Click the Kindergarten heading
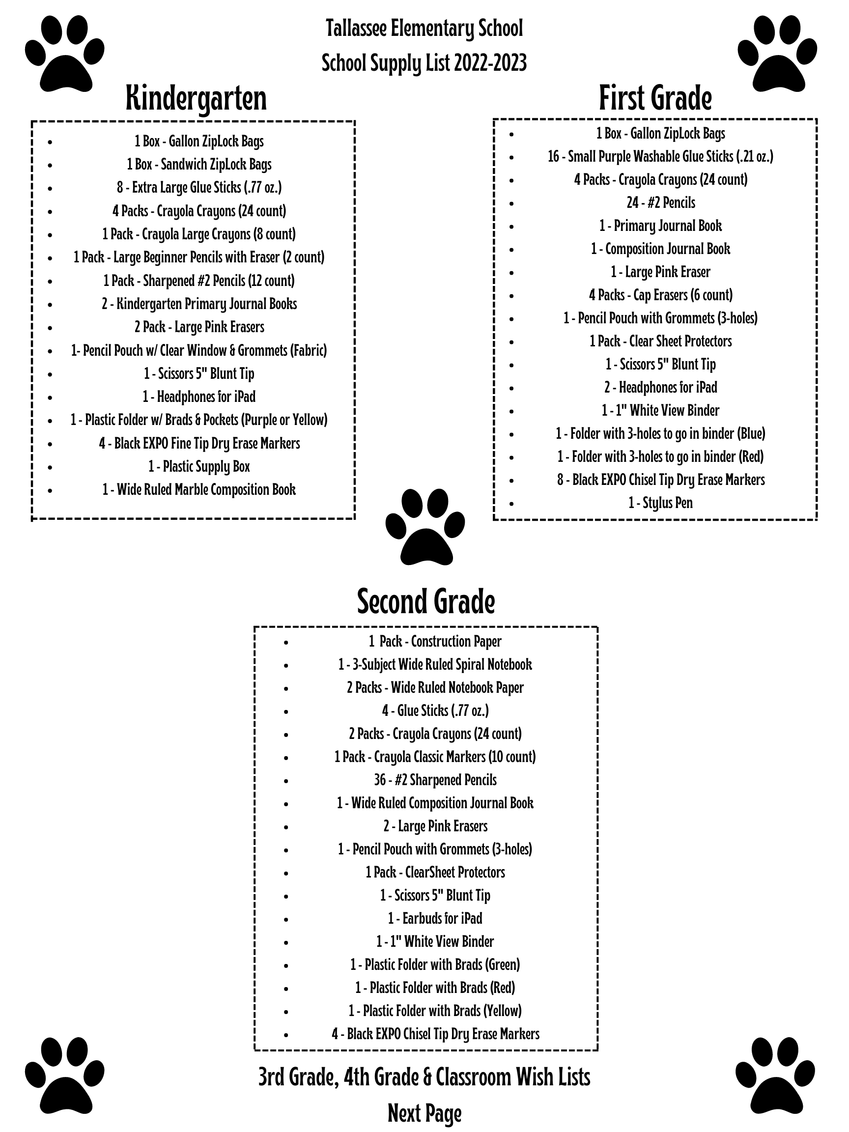196,98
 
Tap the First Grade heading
655,98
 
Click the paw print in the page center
425,527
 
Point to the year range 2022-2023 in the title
490,63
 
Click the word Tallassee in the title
356,28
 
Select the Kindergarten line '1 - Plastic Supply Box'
199,467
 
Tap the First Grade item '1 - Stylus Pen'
660,503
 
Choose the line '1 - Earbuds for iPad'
435,919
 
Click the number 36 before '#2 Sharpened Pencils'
380,780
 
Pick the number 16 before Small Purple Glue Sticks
553,157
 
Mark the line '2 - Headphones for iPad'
660,387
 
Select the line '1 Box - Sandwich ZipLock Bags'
199,165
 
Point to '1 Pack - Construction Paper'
435,642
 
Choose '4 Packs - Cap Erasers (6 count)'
660,295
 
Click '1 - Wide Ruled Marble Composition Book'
199,490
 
